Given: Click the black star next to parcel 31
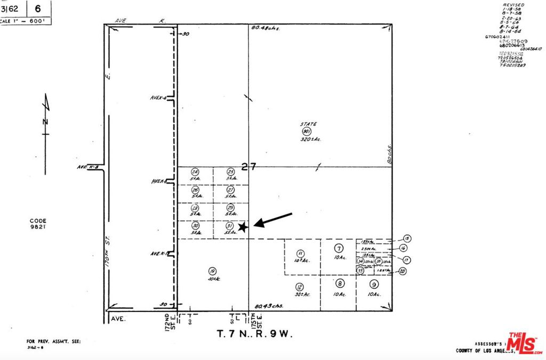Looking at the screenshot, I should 243,227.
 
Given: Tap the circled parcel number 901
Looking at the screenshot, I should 306,131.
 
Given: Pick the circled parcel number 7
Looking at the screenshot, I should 338,249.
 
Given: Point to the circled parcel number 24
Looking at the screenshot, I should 195,172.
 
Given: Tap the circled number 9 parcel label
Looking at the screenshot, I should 374,284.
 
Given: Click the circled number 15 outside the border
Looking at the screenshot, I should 407,238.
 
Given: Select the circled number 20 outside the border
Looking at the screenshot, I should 403,271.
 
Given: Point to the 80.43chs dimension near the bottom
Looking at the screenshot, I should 269,306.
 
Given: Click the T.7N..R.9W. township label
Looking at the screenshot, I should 255,334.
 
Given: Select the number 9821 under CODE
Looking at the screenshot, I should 38,227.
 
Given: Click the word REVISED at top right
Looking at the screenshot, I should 514,5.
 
